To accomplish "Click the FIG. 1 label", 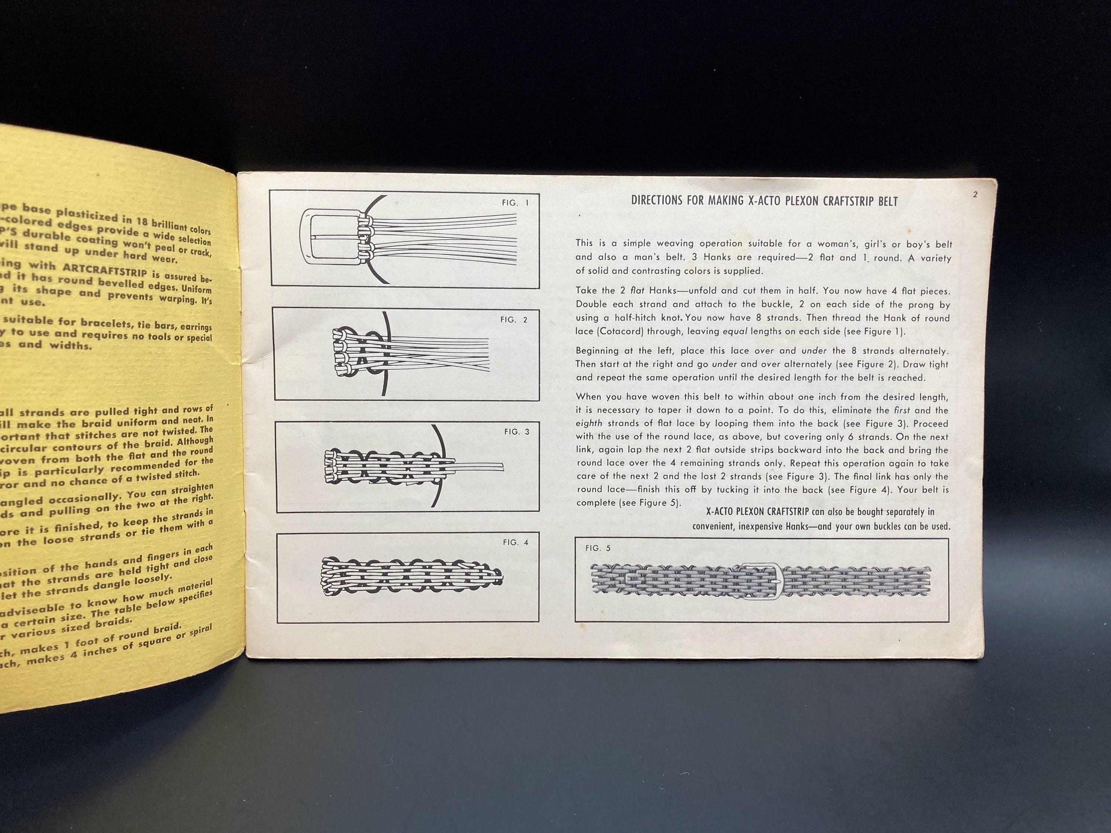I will tap(515, 203).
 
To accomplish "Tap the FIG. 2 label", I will tap(514, 320).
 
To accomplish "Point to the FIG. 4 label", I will tap(516, 542).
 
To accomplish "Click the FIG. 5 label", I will tap(598, 548).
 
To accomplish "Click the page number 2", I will tap(975, 195).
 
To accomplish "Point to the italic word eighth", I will tap(589, 423).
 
